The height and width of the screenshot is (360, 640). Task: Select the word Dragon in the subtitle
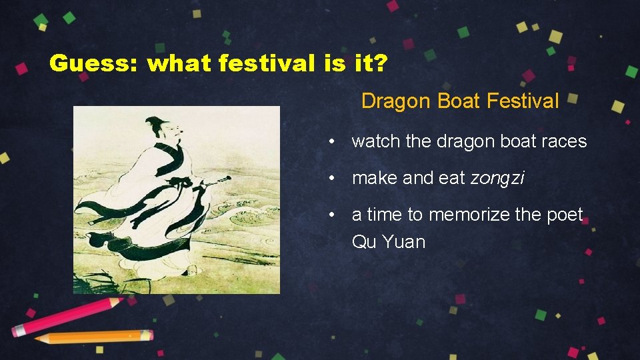coord(397,101)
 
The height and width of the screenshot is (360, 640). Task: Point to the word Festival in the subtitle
coord(523,101)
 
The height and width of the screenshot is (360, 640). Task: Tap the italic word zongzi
coord(497,178)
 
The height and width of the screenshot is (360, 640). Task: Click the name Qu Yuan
coord(388,241)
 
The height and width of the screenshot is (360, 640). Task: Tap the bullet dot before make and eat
coord(330,179)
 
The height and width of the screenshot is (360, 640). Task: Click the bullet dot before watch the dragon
coord(330,142)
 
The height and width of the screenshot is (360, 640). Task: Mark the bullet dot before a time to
coord(330,215)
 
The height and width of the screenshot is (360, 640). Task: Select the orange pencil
coord(93,337)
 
